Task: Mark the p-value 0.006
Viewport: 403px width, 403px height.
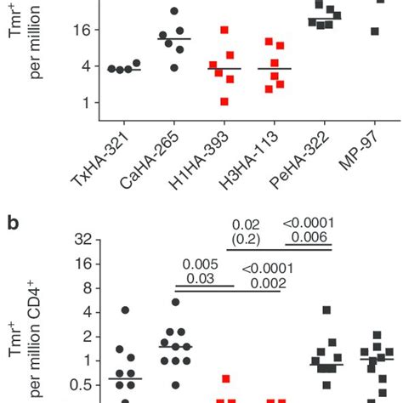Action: [x=308, y=237]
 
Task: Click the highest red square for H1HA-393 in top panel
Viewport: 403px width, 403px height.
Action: [x=224, y=30]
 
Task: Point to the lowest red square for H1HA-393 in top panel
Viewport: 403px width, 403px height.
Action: [x=224, y=101]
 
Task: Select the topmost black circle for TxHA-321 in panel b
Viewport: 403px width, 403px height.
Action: [x=125, y=310]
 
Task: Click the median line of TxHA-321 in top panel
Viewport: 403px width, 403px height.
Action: [x=125, y=69]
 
